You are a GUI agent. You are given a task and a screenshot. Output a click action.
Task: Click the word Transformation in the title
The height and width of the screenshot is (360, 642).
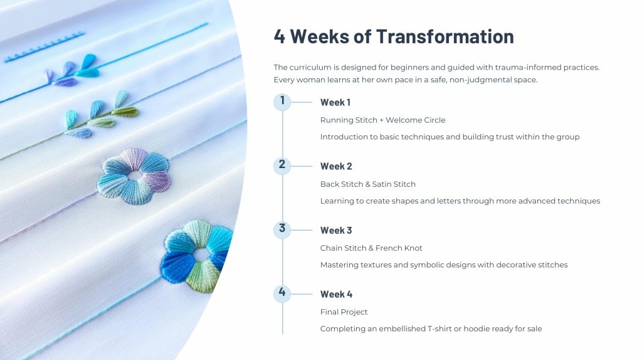445,36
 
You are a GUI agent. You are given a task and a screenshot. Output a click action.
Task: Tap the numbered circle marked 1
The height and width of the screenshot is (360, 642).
282,102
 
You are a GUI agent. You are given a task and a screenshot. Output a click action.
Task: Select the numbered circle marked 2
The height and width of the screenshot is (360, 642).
282,166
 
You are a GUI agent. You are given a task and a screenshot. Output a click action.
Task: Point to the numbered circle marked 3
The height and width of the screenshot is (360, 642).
282,230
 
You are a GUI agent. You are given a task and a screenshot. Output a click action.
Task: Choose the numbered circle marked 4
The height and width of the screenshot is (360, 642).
282,294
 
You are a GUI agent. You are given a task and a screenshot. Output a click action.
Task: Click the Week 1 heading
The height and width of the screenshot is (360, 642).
335,102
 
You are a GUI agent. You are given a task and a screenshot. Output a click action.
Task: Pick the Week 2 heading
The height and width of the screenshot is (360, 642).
336,166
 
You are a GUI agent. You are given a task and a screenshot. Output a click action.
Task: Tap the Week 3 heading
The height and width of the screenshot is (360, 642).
336,230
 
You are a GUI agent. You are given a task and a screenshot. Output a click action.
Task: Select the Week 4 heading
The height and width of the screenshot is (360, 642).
336,294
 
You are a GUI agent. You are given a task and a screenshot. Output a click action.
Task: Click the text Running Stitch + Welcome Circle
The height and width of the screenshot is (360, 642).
383,120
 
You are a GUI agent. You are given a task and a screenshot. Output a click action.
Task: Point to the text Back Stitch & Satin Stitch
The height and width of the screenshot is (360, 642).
367,184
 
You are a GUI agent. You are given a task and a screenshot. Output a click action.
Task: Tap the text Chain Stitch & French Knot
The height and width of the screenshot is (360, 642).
371,248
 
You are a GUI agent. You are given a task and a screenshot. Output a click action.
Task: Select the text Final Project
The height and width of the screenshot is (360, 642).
344,312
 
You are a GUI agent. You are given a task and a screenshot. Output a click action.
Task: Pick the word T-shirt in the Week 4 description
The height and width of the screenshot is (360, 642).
439,329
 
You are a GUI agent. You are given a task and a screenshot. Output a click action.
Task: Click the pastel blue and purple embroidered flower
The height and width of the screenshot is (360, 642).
134,176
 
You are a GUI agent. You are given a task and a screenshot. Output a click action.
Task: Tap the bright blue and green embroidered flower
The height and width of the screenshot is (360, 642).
196,257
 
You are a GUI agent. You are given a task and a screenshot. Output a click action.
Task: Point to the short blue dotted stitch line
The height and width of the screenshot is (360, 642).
45,46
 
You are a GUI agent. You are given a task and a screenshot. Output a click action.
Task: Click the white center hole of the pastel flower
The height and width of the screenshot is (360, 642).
134,176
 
